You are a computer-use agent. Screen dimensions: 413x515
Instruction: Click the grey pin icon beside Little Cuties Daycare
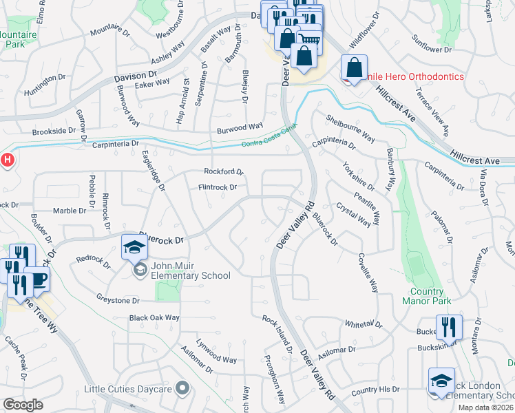pos(182,389)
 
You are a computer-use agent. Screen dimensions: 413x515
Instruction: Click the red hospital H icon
pos(7,160)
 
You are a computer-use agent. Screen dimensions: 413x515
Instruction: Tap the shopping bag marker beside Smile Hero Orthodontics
pos(354,68)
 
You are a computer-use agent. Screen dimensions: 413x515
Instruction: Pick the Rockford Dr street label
pos(223,171)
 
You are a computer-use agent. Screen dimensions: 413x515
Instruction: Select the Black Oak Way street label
pos(154,318)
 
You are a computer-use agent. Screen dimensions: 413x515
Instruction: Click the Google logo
pos(23,404)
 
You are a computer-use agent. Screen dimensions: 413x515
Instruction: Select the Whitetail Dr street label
pos(363,324)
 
